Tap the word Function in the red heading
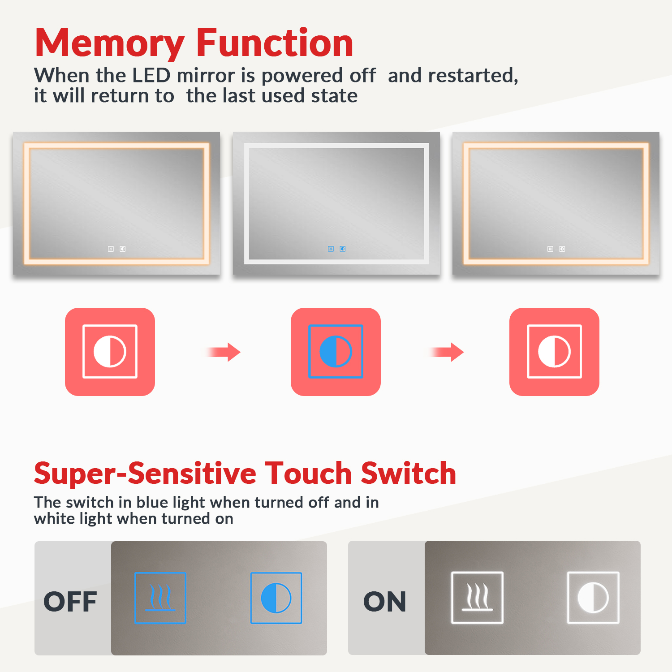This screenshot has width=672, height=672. [275, 42]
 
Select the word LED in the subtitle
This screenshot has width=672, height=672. [151, 75]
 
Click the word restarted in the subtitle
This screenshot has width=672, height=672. [473, 76]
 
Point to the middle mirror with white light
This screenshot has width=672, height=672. [336, 203]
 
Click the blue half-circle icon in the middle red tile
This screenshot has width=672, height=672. [336, 352]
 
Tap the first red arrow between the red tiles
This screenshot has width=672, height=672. [224, 352]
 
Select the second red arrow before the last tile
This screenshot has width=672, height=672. [447, 352]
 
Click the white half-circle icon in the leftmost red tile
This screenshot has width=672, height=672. [110, 352]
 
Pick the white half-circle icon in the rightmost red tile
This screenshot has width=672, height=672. [554, 352]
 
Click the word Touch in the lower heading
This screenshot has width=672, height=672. [309, 474]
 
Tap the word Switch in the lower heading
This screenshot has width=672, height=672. [409, 474]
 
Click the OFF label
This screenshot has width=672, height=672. [70, 602]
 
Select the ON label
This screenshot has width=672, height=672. [385, 602]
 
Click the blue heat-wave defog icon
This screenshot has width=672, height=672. [160, 598]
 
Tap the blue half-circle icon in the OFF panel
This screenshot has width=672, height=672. [276, 598]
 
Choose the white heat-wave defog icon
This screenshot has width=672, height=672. [477, 598]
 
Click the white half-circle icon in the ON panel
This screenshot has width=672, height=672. [593, 598]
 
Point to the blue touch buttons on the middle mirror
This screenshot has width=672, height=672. [336, 249]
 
